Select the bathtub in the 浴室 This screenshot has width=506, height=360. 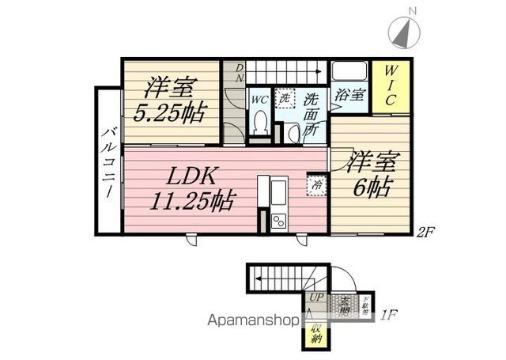(x=349, y=71)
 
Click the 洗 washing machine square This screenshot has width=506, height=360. (x=285, y=99)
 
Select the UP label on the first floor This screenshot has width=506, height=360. (x=315, y=297)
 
